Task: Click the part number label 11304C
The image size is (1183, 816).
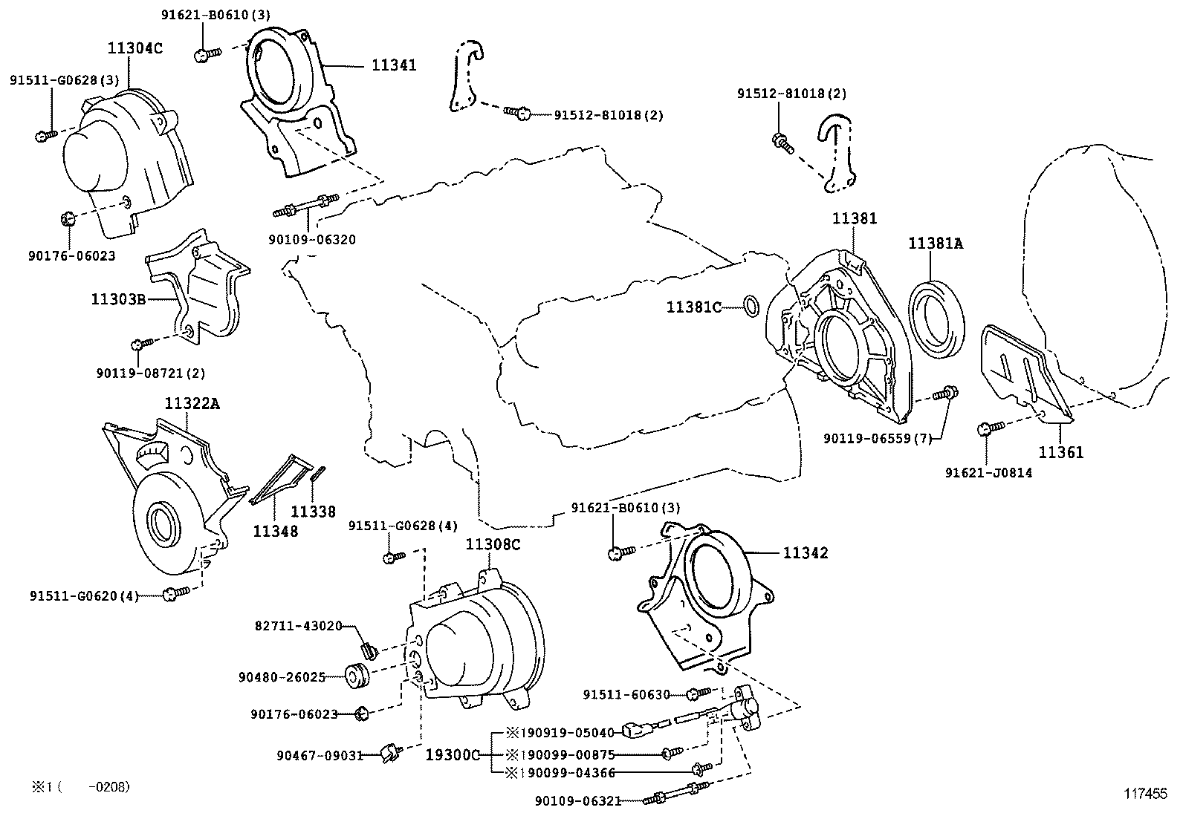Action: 134,49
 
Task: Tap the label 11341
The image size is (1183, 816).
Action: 394,65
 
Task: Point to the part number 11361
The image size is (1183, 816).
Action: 1060,451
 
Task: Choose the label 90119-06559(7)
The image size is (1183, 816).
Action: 878,439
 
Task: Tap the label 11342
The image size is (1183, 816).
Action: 805,552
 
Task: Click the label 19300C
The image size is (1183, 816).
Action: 453,754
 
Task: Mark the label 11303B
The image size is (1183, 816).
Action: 117,299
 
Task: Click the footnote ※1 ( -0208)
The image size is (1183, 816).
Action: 82,786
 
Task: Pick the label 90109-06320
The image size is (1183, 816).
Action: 312,239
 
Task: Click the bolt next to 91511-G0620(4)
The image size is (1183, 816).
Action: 174,592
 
